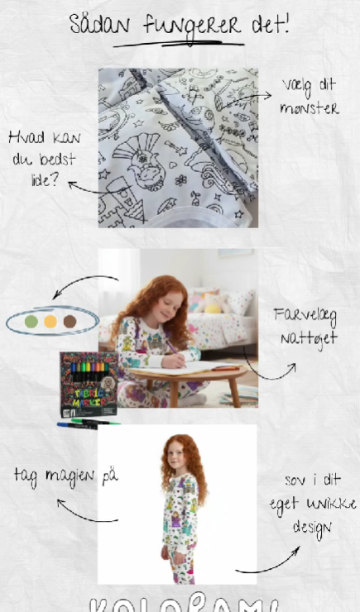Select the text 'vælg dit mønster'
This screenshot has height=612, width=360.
pos(308,96)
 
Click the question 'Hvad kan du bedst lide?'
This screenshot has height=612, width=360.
pos(36,158)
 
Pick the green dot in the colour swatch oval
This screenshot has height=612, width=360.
pos(31,321)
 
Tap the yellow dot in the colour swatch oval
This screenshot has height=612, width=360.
pos(50,321)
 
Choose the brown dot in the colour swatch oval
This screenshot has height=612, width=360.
pos(70,321)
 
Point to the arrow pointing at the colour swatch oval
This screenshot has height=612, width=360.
pos(83,285)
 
